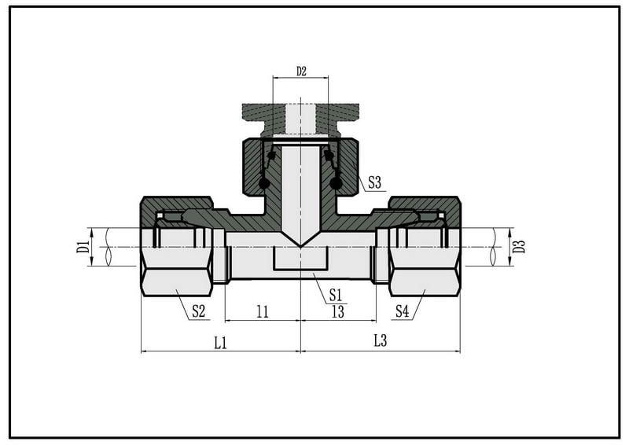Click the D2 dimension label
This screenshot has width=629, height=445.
point(301,72)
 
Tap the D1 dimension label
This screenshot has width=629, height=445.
point(83,247)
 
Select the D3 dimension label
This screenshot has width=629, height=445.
point(519,246)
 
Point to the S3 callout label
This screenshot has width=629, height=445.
point(374,183)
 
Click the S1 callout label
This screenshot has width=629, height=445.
point(336,296)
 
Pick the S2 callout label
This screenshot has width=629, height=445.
point(198,311)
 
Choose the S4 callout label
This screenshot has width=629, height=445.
point(402,311)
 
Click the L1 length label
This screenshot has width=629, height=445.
point(221,343)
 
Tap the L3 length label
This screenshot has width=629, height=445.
point(380,341)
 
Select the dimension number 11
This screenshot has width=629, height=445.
point(263,312)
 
